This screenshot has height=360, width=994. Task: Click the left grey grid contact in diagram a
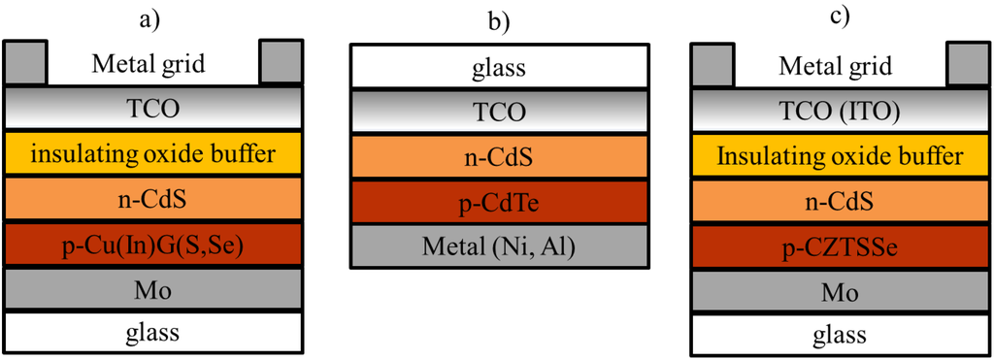pos(26,63)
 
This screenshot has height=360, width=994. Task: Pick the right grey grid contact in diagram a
pos(281,63)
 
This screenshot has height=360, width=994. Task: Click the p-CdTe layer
pos(499,203)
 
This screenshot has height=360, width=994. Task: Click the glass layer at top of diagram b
pos(499,67)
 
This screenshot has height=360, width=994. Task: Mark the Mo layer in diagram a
pos(152,288)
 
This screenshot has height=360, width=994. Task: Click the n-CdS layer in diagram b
pos(499,157)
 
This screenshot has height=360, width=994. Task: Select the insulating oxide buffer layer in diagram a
pos(152,153)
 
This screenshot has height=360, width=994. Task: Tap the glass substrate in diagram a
pos(152,332)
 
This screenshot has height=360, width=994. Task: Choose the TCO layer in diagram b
pos(499,112)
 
